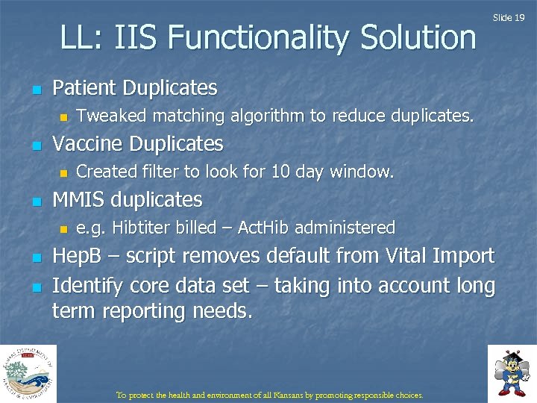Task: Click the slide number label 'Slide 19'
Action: tap(509, 17)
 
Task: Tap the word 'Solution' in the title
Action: tap(418, 38)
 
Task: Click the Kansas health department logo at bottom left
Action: tap(28, 373)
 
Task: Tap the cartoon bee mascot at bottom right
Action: tap(512, 372)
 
